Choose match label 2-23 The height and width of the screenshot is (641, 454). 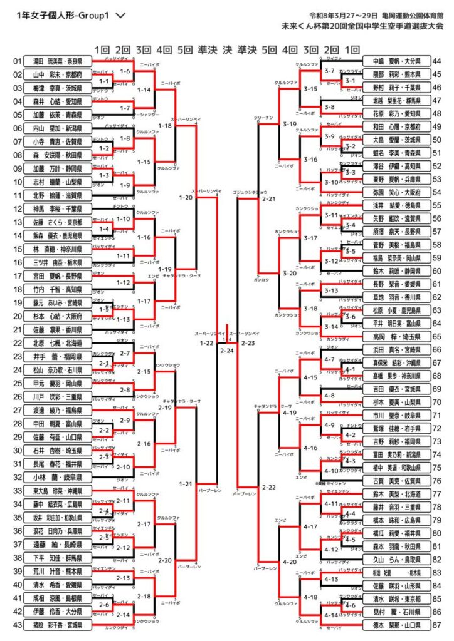(x=248, y=343)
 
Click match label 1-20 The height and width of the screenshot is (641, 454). (x=185, y=198)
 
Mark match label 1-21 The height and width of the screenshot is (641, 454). (x=185, y=484)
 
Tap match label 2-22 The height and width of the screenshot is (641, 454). (x=269, y=487)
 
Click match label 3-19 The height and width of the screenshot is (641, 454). (x=290, y=124)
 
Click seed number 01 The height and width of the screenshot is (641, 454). (x=17, y=61)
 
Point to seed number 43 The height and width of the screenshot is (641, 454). (x=17, y=625)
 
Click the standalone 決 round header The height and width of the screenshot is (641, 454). (x=226, y=50)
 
